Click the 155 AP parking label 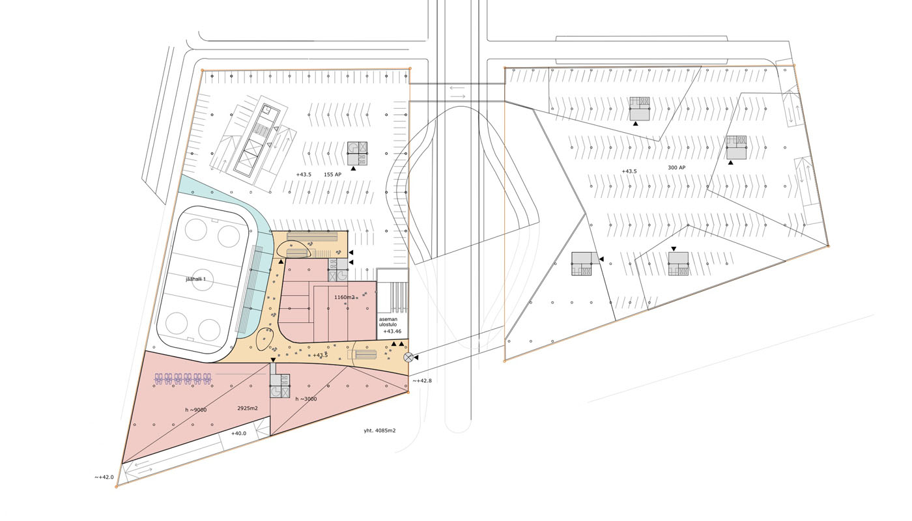333,175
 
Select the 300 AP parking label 677,168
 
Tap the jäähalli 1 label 196,279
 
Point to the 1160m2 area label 345,298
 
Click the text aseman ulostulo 388,322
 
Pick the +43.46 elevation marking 392,331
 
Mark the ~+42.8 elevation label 422,381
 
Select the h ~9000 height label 196,410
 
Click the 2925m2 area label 248,408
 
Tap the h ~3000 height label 306,399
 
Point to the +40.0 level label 238,434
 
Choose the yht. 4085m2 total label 380,430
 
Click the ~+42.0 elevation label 104,477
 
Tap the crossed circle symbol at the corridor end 408,358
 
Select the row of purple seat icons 183,379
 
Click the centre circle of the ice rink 203,280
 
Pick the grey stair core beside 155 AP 357,154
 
